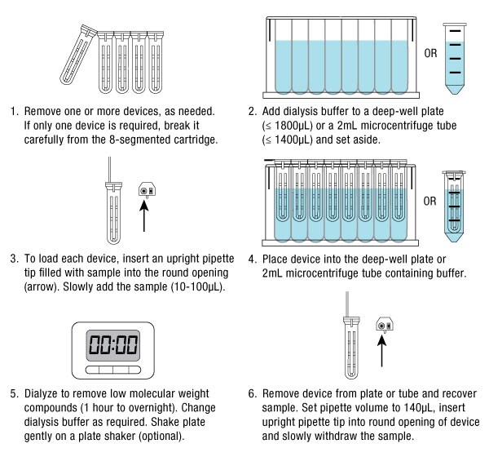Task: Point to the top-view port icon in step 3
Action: [146, 190]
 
